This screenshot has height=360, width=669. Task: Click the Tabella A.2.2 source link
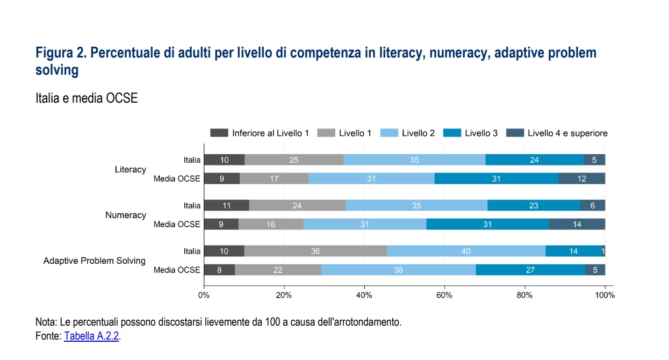[91, 336]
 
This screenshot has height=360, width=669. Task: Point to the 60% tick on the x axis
[444, 294]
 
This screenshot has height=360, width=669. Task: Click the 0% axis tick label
[204, 294]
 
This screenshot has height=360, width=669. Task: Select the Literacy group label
[130, 169]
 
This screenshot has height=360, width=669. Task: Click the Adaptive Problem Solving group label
[94, 261]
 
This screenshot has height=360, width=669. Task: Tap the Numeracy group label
[125, 215]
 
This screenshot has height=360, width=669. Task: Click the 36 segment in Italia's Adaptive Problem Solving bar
[315, 251]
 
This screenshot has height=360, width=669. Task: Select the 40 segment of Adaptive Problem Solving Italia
[466, 251]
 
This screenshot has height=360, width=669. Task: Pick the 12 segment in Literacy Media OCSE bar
[581, 178]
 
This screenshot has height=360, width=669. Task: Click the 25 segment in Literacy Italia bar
[294, 160]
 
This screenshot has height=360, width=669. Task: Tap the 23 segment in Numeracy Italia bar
[534, 205]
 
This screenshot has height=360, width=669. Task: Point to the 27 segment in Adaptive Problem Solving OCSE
[530, 270]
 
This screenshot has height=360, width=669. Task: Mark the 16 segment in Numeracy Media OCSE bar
[271, 224]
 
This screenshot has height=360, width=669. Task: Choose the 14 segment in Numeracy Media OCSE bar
[577, 224]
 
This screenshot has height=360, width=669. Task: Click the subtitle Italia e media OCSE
[87, 99]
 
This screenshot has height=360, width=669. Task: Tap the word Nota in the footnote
[45, 322]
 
